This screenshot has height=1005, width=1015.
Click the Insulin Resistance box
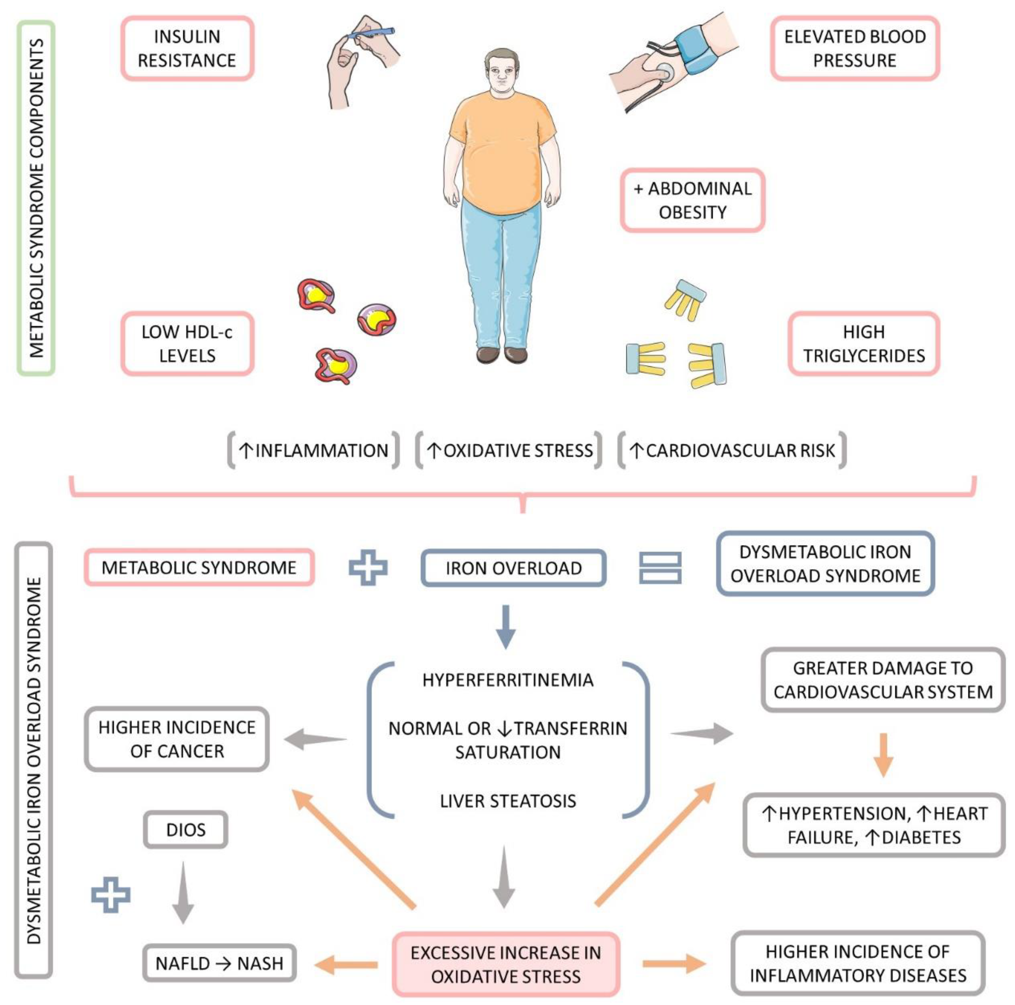click(x=187, y=48)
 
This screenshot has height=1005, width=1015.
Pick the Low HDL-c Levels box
click(x=187, y=344)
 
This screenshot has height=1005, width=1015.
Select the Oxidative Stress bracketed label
click(x=509, y=451)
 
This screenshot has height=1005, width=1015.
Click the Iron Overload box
click(x=513, y=568)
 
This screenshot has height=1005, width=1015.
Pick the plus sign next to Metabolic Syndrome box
click(x=368, y=568)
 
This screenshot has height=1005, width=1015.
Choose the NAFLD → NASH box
click(x=219, y=963)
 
